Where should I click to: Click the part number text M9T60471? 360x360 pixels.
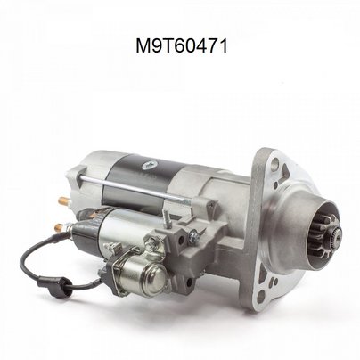click(x=182, y=46)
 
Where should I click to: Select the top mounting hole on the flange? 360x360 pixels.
click(x=275, y=162)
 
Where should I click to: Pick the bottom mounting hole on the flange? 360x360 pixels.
click(x=261, y=297)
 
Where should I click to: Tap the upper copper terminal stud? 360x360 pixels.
click(x=63, y=200)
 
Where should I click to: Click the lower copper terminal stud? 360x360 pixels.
click(x=60, y=228)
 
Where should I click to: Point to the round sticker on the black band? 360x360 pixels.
click(x=150, y=165)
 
